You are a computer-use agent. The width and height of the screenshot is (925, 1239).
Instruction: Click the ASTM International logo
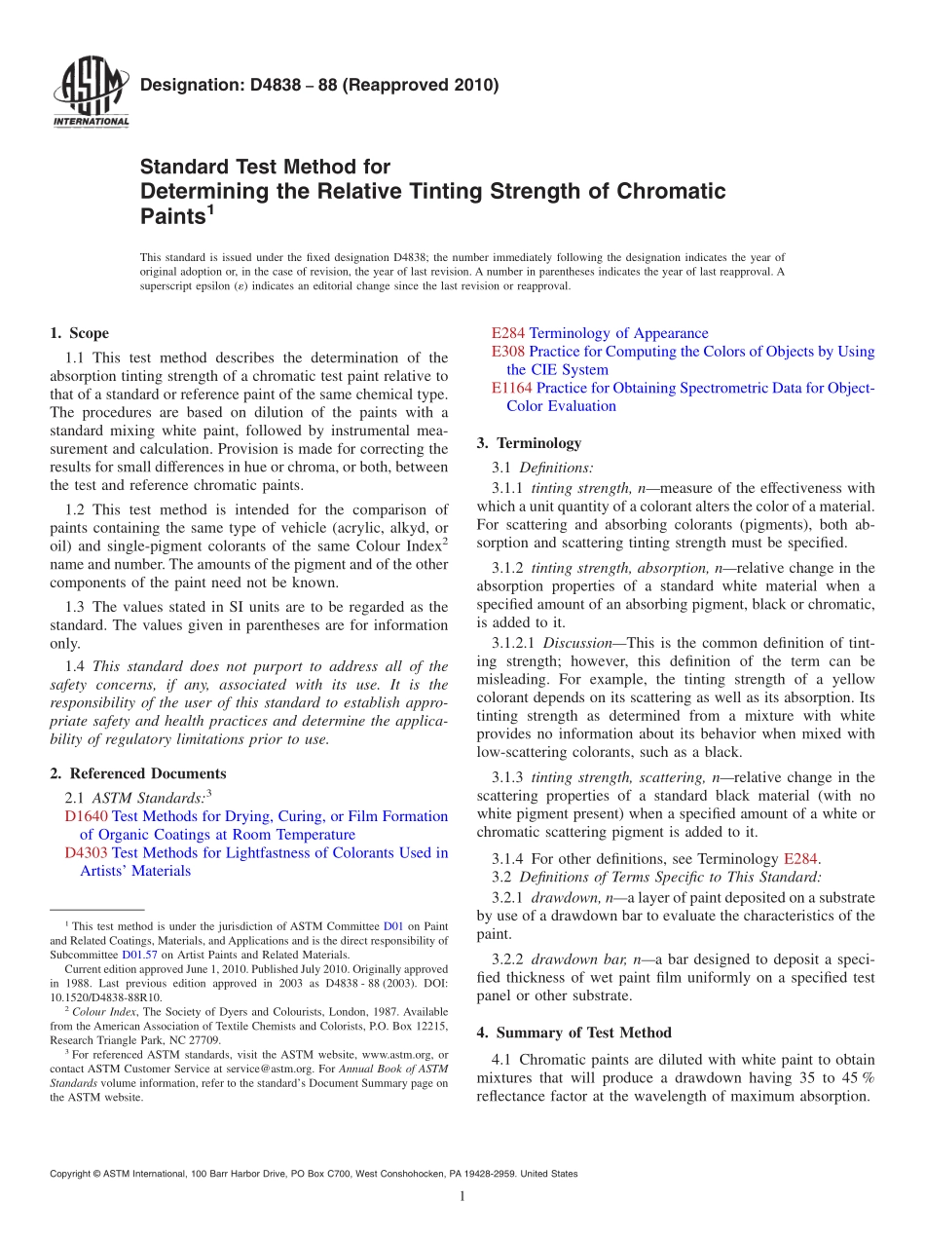[x=90, y=94]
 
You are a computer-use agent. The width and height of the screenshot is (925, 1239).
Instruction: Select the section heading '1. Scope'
[x=80, y=333]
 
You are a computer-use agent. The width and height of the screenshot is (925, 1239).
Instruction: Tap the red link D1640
[x=87, y=816]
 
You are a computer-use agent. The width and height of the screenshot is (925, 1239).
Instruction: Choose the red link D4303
[x=87, y=852]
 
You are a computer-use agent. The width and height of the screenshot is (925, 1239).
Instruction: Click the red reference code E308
[x=508, y=352]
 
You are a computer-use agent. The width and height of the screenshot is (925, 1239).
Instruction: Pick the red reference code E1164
[x=512, y=388]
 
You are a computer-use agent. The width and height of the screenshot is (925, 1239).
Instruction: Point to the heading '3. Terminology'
[x=529, y=443]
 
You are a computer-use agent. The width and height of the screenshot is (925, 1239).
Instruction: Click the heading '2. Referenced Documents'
[x=138, y=773]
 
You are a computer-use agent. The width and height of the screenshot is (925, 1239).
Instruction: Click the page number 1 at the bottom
[x=462, y=1197]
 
